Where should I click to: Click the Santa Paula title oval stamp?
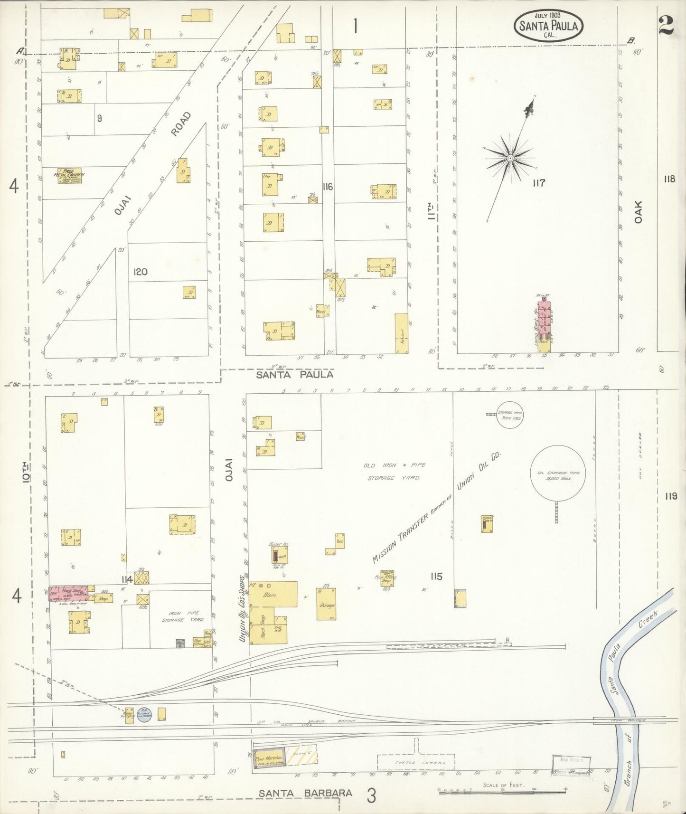point(548,26)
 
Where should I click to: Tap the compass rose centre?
point(510,158)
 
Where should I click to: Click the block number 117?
point(538,183)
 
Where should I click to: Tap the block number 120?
point(140,272)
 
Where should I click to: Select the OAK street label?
point(639,212)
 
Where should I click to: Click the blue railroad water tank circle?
point(144,715)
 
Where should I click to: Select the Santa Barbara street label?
point(305,793)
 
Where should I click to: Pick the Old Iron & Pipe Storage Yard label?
point(395,472)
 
